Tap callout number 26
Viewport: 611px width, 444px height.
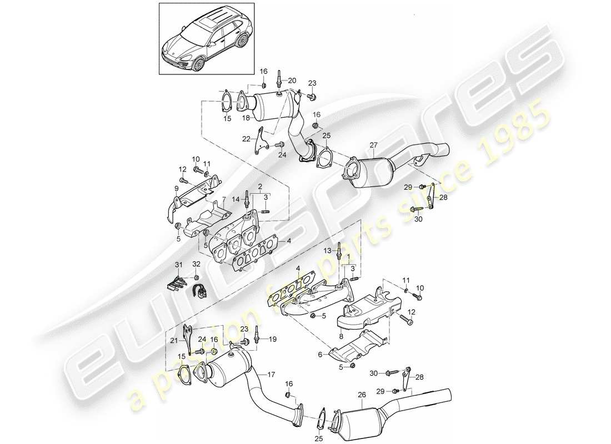pyautogui.click(x=363, y=395)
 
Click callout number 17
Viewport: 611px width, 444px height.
pyautogui.click(x=271, y=374)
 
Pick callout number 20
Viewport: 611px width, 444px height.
pyautogui.click(x=293, y=80)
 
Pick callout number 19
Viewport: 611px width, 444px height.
pyautogui.click(x=272, y=339)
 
